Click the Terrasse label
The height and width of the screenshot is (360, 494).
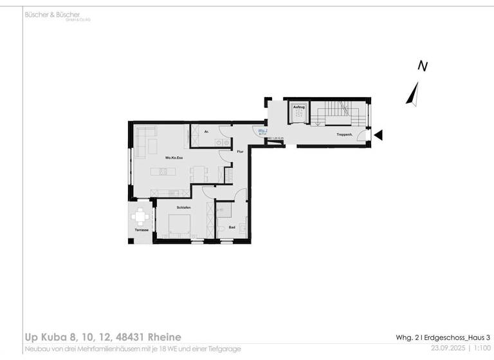coord(142,230)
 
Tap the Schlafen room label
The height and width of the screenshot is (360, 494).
coord(183,208)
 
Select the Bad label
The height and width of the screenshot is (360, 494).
coord(232,227)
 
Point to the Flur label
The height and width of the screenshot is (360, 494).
coord(239,152)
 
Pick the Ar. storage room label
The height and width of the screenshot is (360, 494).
coord(207,132)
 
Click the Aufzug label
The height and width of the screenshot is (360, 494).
coord(299,107)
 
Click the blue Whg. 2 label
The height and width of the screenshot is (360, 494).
coord(262,130)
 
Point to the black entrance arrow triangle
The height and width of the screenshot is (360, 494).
coord(379,135)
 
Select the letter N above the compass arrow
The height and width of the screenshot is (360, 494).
coord(423,66)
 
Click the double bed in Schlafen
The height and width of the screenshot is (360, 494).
coord(178,226)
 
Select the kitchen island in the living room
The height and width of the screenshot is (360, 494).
coord(163,171)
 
